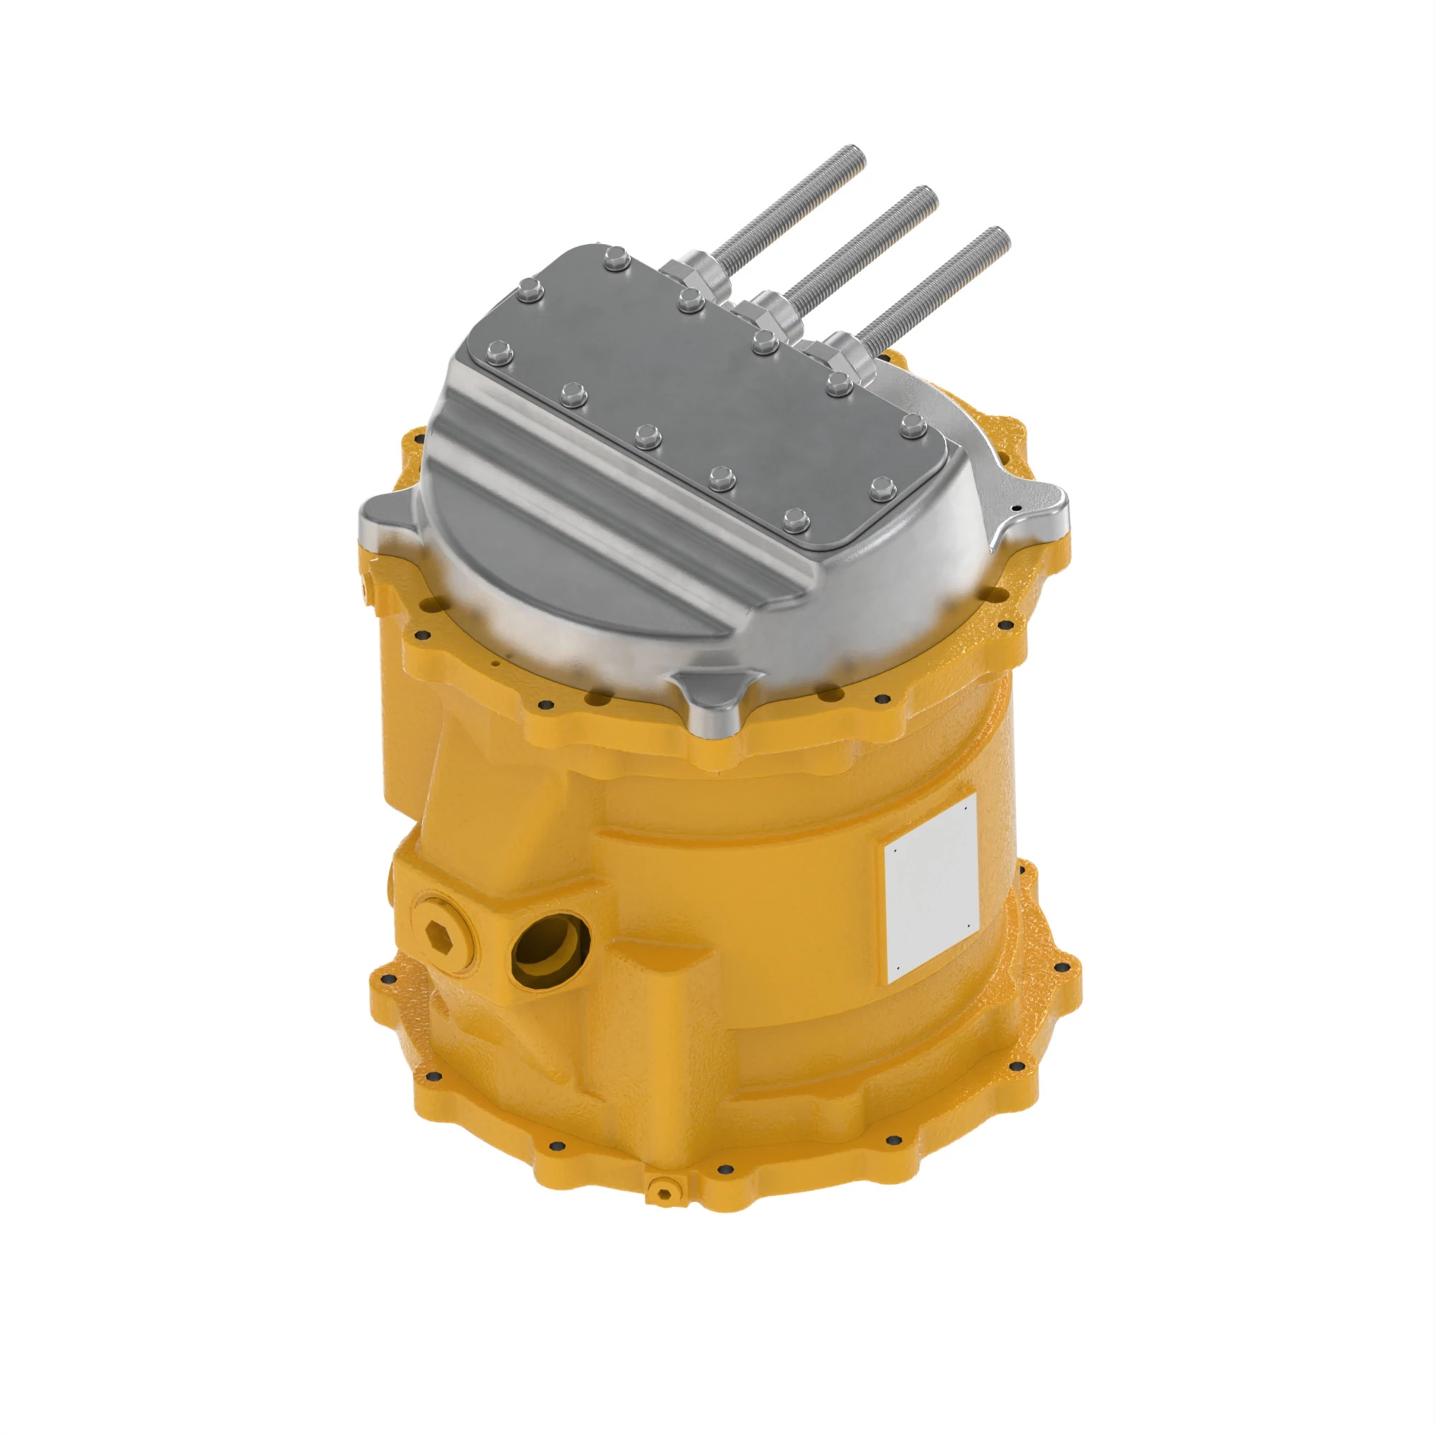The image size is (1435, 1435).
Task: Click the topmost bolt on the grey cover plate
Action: click(616, 258)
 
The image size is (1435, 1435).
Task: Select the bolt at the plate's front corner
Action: click(796, 519)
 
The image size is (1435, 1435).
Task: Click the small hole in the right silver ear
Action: click(1016, 507)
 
